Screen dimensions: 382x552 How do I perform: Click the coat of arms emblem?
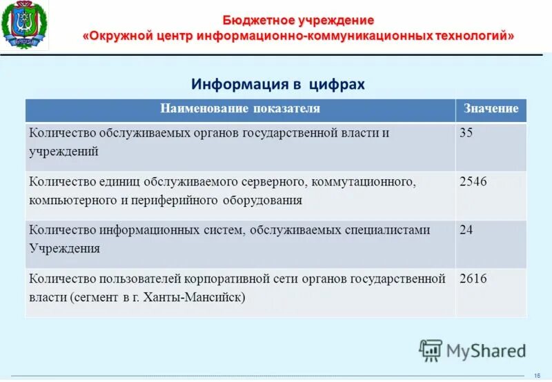(x=26, y=26)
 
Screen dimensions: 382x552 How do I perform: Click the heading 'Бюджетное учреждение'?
(x=298, y=20)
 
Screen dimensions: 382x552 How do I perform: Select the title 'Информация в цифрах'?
(x=277, y=84)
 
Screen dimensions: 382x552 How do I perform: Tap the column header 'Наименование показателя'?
(x=240, y=109)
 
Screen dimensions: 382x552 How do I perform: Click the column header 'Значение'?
(x=491, y=109)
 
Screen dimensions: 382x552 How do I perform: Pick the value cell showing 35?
(x=466, y=133)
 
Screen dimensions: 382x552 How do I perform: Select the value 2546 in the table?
(x=473, y=182)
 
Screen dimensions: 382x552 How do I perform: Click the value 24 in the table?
(x=466, y=230)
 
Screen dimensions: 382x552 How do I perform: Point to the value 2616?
(x=473, y=279)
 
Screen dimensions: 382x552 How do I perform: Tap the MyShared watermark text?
(x=486, y=351)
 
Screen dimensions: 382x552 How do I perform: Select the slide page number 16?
(x=538, y=374)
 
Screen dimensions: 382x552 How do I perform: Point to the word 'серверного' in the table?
(x=275, y=182)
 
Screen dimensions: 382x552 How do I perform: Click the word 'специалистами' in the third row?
(x=391, y=230)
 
